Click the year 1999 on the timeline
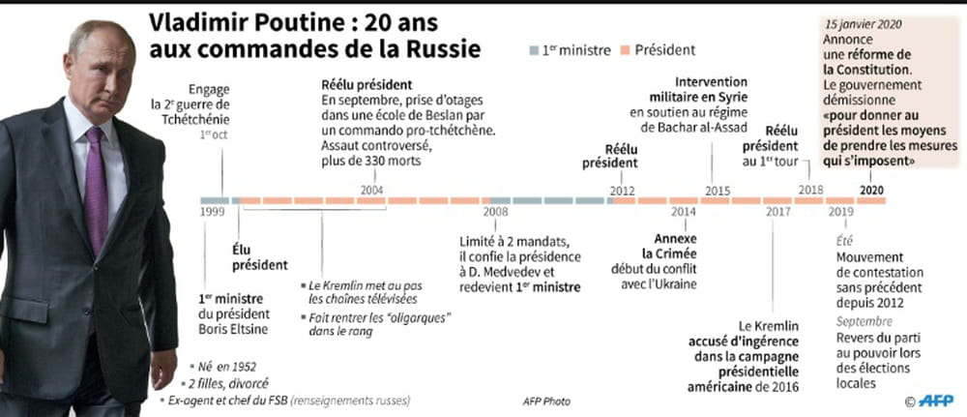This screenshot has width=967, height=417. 213,211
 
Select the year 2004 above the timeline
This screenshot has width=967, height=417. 371,190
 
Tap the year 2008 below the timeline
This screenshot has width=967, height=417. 495,211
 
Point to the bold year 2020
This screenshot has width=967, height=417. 871,190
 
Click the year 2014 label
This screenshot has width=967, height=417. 683,211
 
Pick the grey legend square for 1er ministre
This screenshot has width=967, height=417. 535,48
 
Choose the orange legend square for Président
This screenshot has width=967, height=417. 626,48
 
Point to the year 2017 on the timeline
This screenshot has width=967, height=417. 777,211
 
